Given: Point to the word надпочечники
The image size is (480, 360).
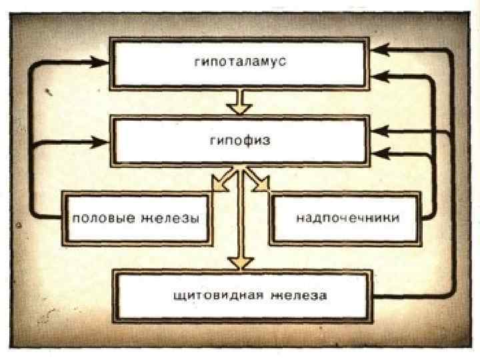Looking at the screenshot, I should [347, 218].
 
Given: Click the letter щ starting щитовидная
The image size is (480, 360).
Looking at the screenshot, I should [175, 295].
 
